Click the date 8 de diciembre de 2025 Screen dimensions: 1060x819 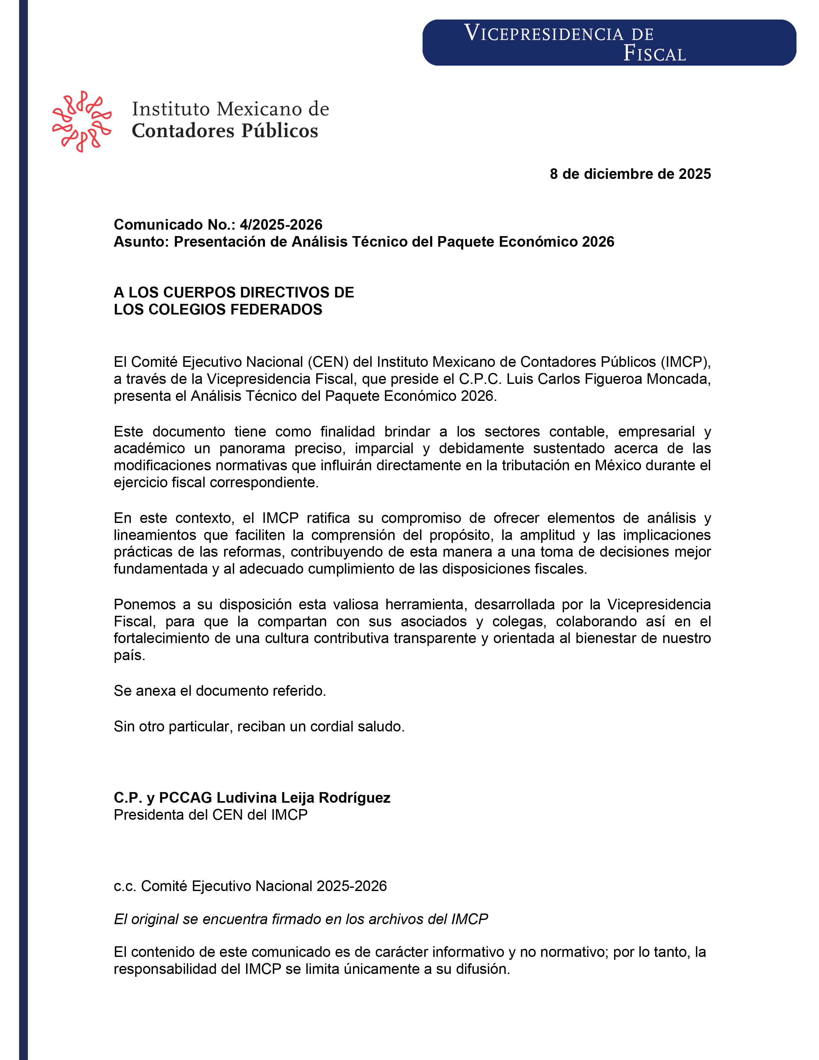coord(630,174)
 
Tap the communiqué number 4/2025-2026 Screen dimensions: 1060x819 coord(281,225)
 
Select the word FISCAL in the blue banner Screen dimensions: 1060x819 coord(655,53)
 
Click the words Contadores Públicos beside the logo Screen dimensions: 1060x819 coord(225,130)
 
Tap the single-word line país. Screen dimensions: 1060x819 coord(129,655)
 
